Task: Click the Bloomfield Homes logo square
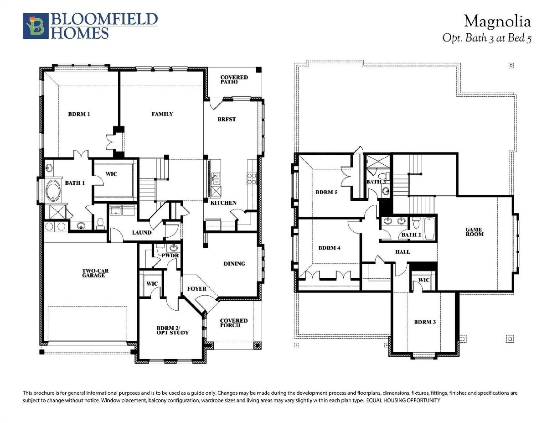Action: click(36, 26)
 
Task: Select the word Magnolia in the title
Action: click(497, 21)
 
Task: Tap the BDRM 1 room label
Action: click(79, 114)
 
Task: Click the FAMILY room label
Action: click(162, 114)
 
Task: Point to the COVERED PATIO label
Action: click(234, 79)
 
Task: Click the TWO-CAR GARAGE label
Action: click(95, 273)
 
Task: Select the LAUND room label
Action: click(142, 233)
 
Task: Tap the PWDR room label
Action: click(170, 256)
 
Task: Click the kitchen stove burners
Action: click(252, 178)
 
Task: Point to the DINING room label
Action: click(234, 264)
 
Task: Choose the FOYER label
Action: click(196, 289)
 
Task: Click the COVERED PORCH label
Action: click(233, 323)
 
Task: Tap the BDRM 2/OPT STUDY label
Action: click(172, 330)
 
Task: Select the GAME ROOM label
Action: click(474, 232)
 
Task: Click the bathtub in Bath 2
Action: click(429, 229)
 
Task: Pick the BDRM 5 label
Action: click(326, 192)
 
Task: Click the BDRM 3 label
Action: click(425, 322)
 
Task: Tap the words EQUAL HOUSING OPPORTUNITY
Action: click(403, 400)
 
